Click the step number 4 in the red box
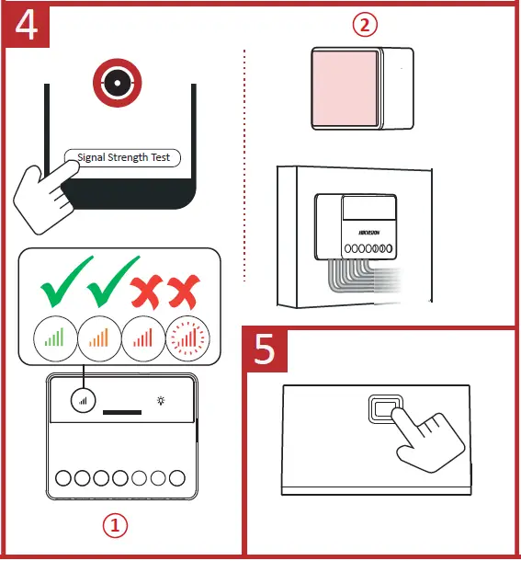27,25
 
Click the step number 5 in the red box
266,352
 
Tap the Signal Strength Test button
124,157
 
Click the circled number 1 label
115,525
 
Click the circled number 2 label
366,25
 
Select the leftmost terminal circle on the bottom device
64,478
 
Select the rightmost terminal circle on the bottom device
176,478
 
